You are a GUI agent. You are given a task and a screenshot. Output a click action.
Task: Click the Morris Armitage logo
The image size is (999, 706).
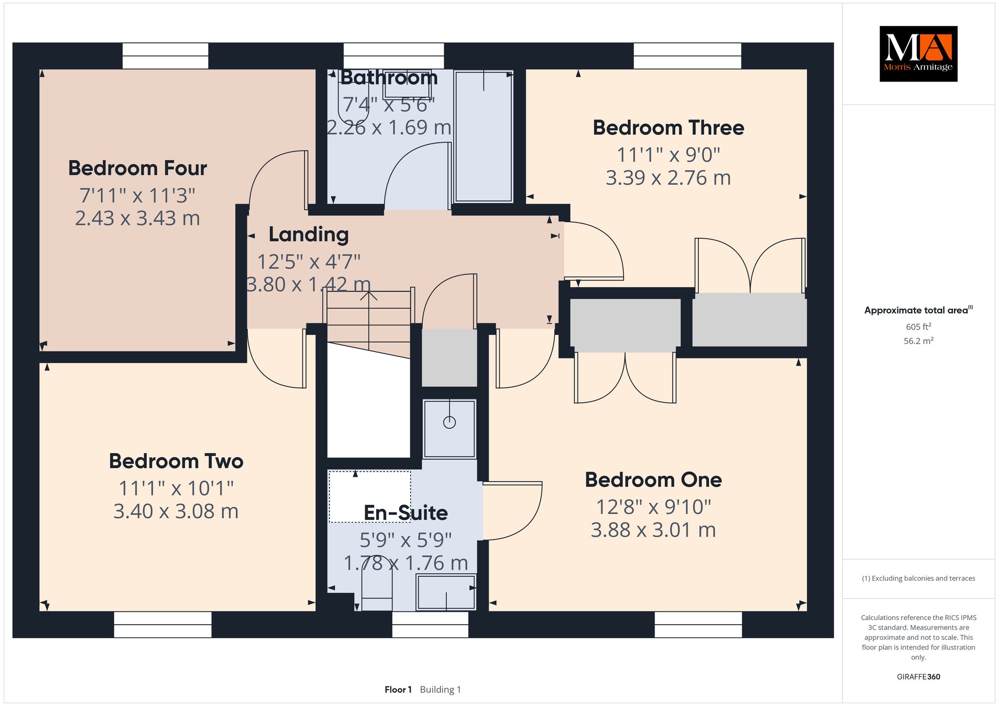tap(918, 54)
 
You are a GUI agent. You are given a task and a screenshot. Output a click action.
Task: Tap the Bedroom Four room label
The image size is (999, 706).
tap(138, 168)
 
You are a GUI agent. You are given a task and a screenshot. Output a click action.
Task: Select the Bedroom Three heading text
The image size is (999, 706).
tap(668, 128)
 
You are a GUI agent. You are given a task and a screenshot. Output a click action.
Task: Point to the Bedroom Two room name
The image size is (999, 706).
tap(176, 461)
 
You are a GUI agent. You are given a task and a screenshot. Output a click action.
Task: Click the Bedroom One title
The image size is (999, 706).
tap(653, 480)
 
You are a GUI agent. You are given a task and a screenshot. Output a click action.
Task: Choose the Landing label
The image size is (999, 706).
tap(309, 235)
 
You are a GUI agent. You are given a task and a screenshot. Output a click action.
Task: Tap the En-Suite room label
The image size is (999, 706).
tap(406, 513)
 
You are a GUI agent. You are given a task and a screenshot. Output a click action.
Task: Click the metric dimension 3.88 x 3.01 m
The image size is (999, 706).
tap(653, 530)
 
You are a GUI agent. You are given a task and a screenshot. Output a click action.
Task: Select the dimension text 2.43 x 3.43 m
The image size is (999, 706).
tap(138, 218)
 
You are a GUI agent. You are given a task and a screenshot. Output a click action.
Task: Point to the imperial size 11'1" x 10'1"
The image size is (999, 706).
tap(176, 488)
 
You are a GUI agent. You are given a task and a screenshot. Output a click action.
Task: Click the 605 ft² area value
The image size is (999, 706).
tap(918, 327)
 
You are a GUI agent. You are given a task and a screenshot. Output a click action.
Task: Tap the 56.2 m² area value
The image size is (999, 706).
tap(918, 341)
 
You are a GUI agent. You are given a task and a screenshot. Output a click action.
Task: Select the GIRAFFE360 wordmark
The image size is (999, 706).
tap(919, 677)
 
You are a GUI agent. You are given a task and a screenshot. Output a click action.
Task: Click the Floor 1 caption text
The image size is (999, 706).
tap(398, 689)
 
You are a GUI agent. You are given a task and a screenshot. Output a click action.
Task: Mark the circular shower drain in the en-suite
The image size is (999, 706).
tap(449, 422)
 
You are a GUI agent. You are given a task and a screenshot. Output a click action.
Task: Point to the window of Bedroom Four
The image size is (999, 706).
tap(165, 56)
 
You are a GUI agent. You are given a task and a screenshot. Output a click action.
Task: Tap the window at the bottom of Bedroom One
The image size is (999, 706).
tap(698, 625)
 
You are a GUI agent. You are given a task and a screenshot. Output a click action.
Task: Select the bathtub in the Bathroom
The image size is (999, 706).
tap(483, 136)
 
